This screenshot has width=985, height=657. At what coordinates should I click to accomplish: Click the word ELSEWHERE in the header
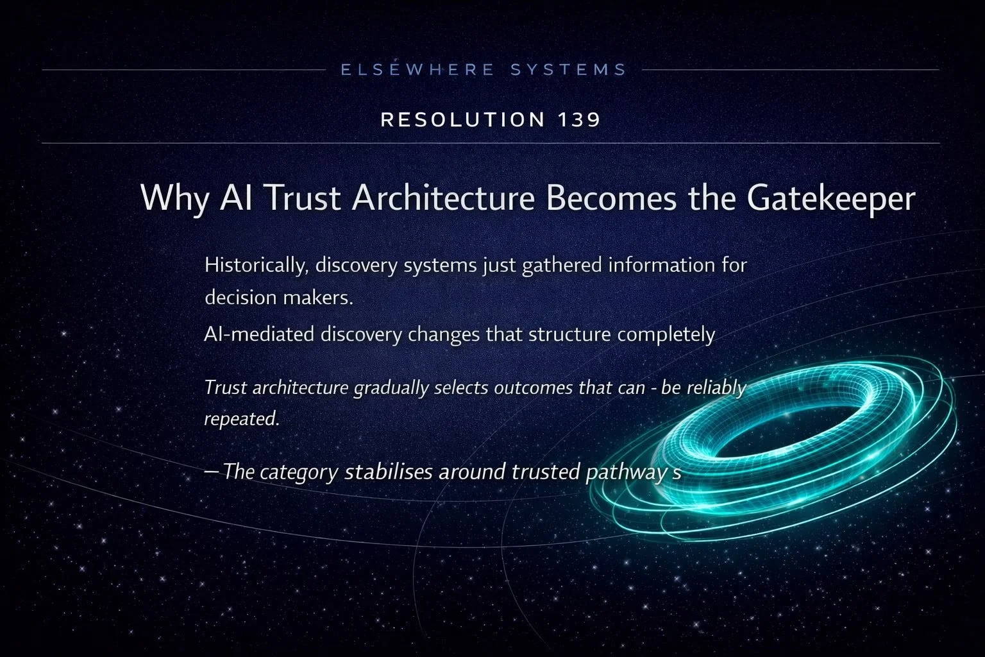[417, 69]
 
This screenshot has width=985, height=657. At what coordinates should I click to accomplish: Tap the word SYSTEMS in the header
[568, 69]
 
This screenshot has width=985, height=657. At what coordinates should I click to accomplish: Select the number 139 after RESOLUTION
[576, 120]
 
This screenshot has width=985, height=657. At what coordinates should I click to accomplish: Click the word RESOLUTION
[462, 120]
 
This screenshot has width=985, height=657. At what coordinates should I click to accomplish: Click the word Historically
[254, 265]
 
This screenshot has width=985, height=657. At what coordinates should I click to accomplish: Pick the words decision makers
[279, 298]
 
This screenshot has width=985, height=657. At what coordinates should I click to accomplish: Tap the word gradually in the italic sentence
[391, 388]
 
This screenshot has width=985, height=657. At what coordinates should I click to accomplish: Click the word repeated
[242, 418]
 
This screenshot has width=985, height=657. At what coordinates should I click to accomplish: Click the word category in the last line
[299, 472]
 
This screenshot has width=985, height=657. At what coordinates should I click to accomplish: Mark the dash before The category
[211, 471]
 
